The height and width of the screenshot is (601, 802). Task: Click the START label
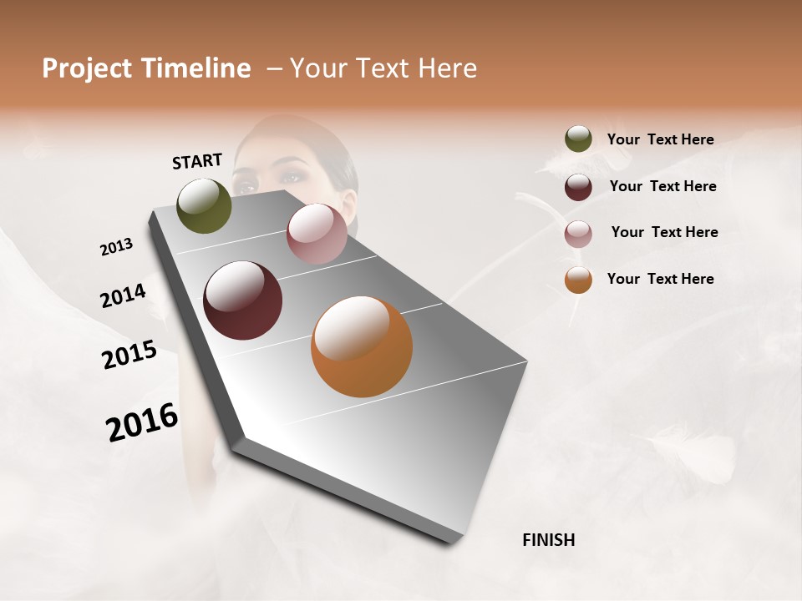tap(197, 161)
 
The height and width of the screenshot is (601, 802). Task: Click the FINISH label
tap(548, 540)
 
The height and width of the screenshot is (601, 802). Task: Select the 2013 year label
tap(117, 247)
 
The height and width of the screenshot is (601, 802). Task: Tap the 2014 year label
tap(123, 296)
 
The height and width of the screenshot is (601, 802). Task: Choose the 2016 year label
tap(142, 422)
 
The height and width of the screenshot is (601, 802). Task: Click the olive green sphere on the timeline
tap(205, 206)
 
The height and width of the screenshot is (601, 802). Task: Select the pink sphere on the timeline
tap(317, 234)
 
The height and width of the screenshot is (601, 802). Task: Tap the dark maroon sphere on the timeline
tap(243, 300)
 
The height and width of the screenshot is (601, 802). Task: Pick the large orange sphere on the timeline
tap(362, 346)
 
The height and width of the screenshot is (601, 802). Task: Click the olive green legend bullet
tap(578, 139)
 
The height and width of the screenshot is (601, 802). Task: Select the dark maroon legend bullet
tap(578, 186)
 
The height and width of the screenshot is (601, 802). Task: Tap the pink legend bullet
tap(578, 233)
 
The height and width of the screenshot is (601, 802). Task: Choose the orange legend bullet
tap(578, 280)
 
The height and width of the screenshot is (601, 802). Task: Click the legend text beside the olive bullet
tap(660, 140)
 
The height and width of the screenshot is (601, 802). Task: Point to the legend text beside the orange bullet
tap(660, 279)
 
